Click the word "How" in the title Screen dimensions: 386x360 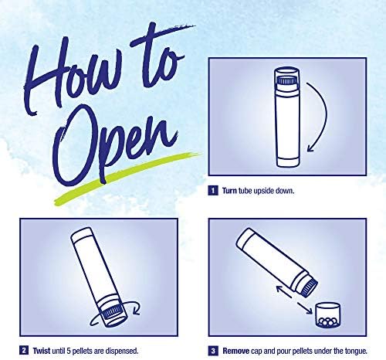[75, 77]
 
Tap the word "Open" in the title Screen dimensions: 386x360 [116, 147]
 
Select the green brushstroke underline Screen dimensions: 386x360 [126, 178]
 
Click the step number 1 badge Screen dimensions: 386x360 [213, 191]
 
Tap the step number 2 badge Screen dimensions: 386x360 [24, 351]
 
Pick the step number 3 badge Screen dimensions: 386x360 [213, 351]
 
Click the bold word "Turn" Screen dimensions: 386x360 [229, 191]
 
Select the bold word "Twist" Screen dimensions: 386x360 [42, 351]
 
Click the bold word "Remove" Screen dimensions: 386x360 [235, 351]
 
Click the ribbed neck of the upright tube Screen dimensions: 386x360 [286, 81]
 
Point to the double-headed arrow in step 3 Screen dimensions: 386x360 [294, 300]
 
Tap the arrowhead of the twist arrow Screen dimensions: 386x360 [137, 310]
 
